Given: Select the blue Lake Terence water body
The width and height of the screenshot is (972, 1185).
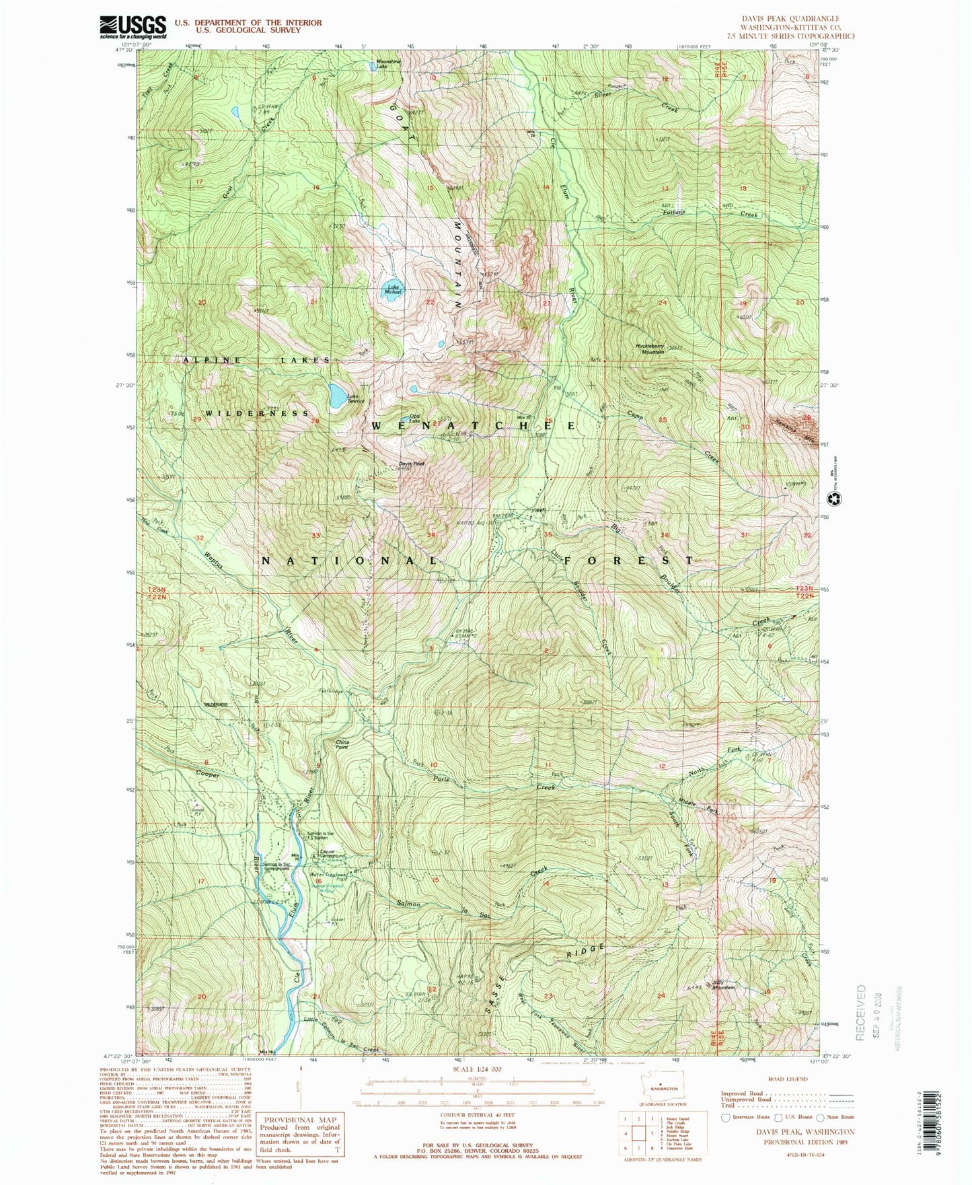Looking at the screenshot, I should coord(337,395).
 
